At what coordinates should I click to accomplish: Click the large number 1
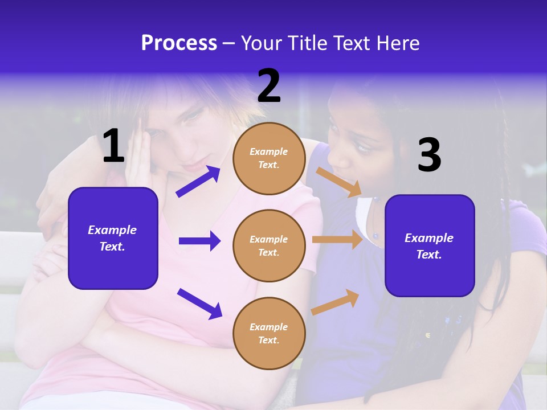tap(113, 146)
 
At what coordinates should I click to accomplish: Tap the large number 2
tap(269, 86)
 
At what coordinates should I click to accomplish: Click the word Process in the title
tap(179, 43)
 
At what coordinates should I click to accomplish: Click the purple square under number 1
tap(113, 238)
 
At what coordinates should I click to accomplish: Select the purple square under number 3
tap(430, 245)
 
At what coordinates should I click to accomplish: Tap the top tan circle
tap(269, 158)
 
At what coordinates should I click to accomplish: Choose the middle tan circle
tap(269, 245)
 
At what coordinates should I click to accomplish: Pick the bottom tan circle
tap(269, 333)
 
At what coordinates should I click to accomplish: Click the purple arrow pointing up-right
tap(198, 182)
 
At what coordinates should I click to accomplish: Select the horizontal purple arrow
tap(199, 241)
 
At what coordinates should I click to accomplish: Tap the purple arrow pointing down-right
tap(199, 304)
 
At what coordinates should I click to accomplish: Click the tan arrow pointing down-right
tap(338, 182)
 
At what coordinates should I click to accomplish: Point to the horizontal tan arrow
tap(337, 240)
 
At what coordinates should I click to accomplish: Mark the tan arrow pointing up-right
tap(336, 302)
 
